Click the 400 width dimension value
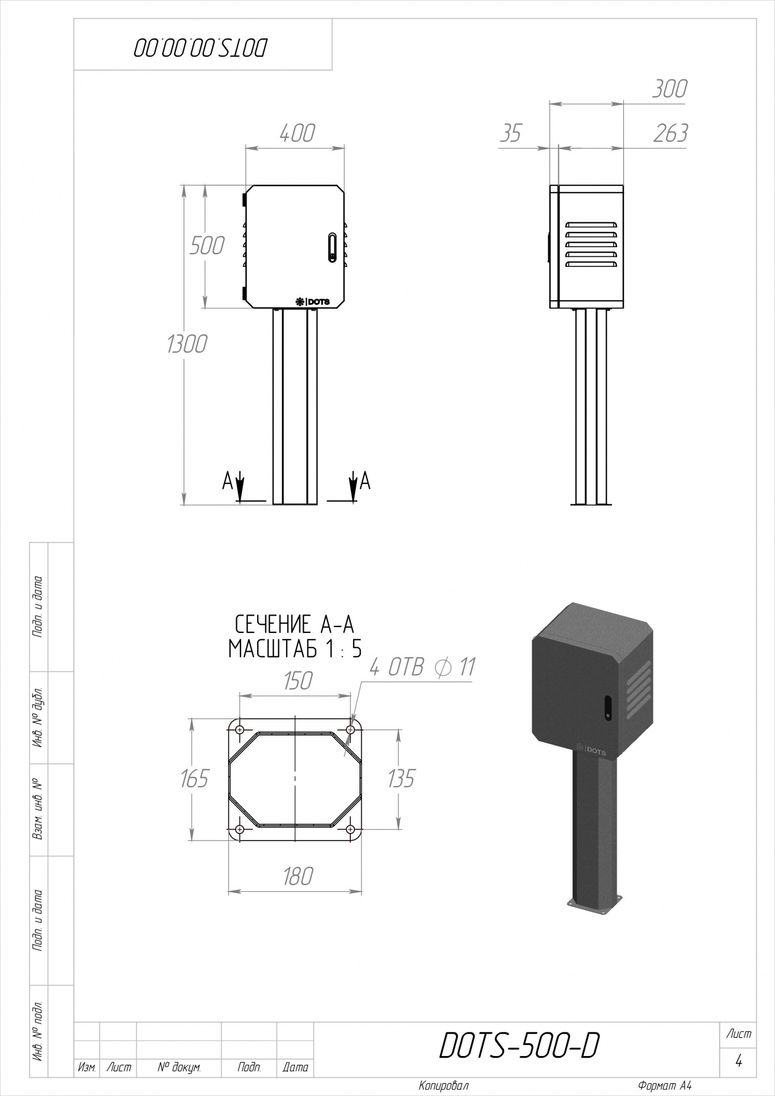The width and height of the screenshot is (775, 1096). pyautogui.click(x=297, y=133)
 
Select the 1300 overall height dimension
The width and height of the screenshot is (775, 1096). pyautogui.click(x=187, y=344)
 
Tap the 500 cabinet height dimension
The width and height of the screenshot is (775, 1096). pyautogui.click(x=207, y=246)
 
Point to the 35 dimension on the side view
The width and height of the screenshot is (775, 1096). pyautogui.click(x=510, y=133)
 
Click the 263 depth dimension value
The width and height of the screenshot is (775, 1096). pyautogui.click(x=670, y=133)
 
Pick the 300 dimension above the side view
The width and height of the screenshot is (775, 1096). pyautogui.click(x=669, y=89)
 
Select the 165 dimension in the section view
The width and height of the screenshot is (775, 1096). pyautogui.click(x=195, y=778)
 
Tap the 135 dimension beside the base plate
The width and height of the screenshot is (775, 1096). pyautogui.click(x=401, y=778)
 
